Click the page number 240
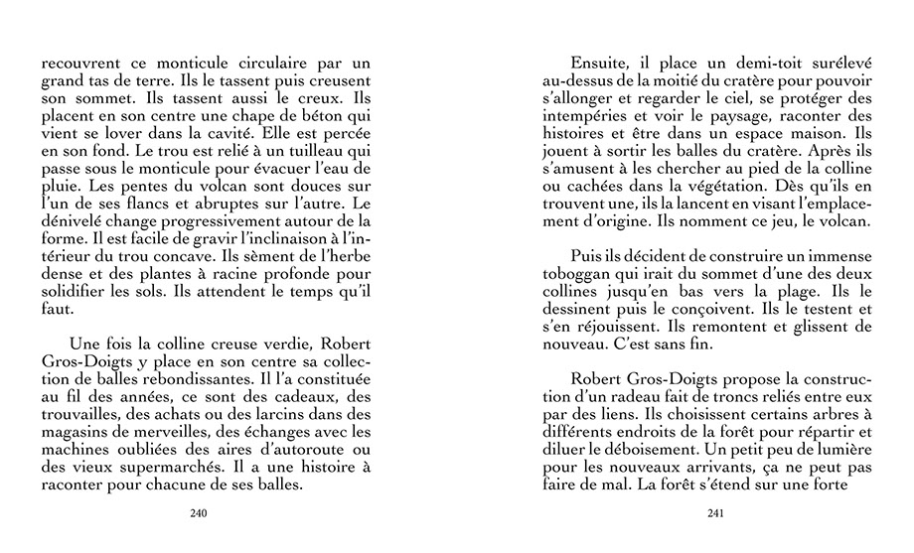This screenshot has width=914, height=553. point(197,513)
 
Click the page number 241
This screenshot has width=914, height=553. point(716,513)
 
